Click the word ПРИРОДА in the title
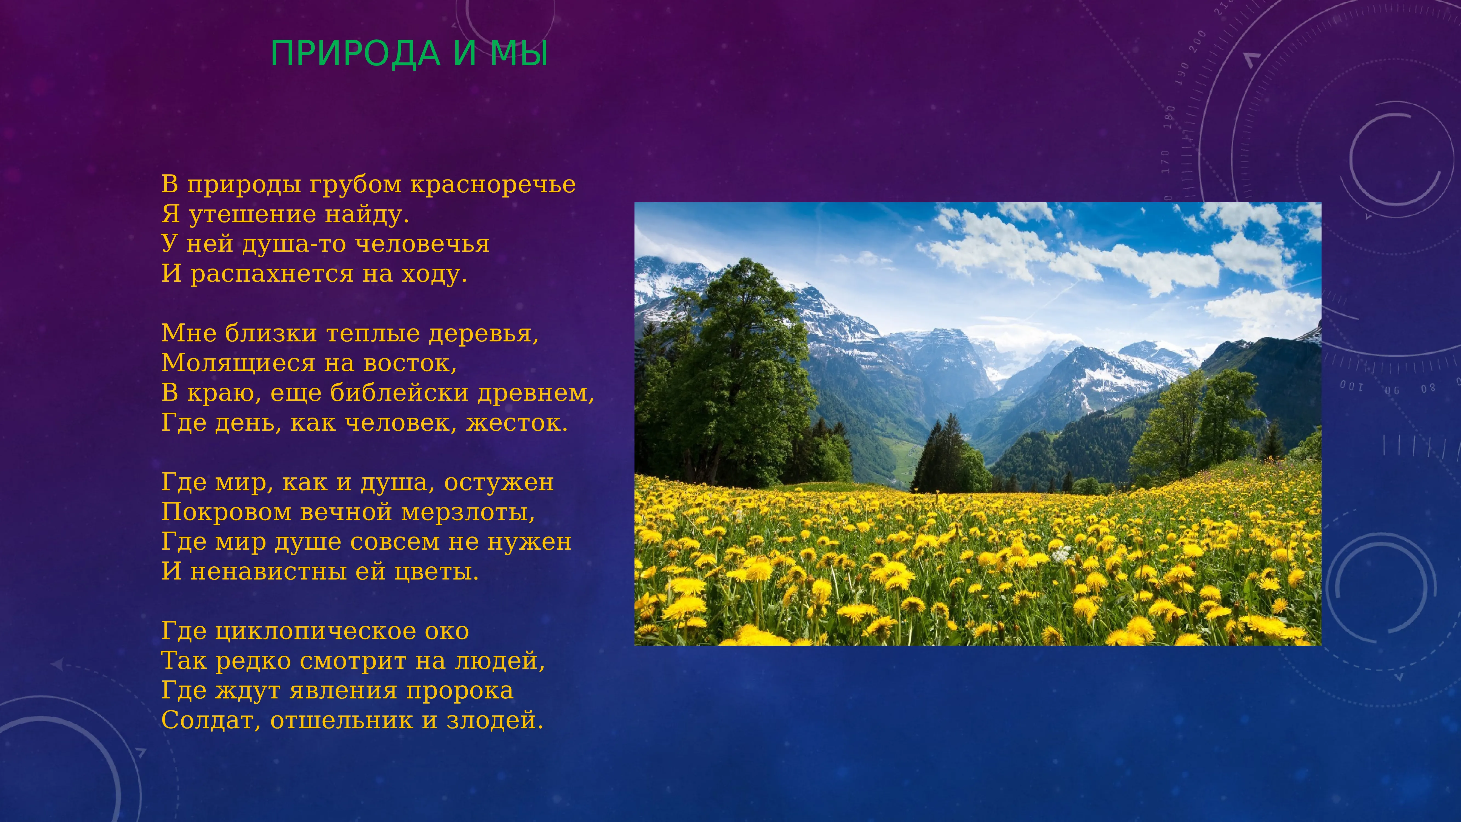click(356, 54)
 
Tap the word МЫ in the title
click(519, 54)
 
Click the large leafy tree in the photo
click(732, 363)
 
